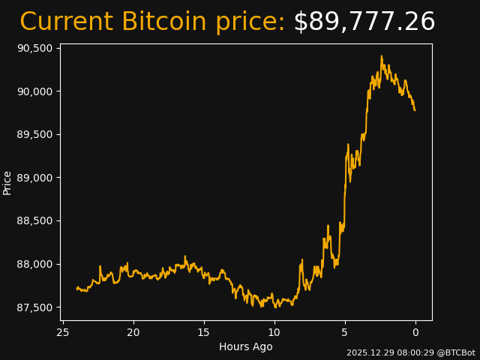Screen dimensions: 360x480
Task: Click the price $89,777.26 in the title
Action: (364, 22)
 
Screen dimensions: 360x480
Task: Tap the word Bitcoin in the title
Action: (164, 22)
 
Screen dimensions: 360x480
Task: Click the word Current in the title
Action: (67, 22)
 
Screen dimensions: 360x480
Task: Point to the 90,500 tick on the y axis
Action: (34, 48)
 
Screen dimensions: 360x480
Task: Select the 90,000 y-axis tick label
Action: (34, 91)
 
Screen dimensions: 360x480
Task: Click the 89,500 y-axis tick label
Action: (34, 134)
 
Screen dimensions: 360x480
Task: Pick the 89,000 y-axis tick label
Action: (34, 178)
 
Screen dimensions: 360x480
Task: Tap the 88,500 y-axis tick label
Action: (34, 221)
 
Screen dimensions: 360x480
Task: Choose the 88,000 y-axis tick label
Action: (34, 264)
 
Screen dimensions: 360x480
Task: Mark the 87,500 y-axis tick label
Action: (34, 307)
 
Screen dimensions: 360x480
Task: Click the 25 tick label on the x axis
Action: (63, 332)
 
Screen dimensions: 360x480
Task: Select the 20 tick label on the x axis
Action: (133, 332)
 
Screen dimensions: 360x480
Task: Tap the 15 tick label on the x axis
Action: (204, 332)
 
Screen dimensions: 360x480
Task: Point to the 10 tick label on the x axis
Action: (274, 332)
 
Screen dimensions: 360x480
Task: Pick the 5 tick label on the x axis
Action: (345, 332)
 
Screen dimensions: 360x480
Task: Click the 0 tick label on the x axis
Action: (415, 332)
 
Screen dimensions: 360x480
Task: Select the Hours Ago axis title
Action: (246, 346)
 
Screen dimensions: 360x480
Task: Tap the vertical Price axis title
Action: (7, 182)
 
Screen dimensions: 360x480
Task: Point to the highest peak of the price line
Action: (381, 56)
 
